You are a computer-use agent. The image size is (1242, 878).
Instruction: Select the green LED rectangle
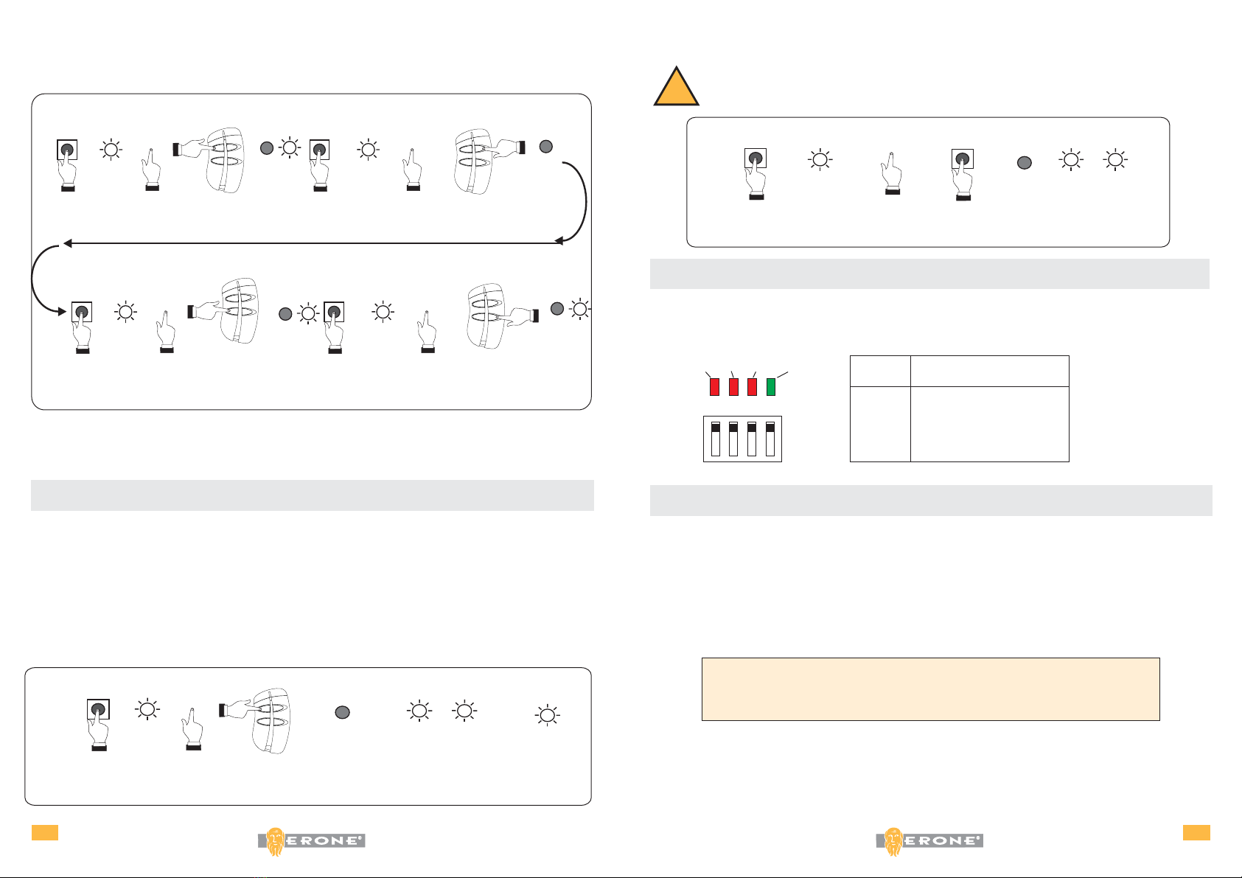coord(771,386)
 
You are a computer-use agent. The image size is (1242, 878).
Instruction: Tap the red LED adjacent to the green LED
coord(752,386)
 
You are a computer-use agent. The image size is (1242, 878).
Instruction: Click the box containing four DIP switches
coord(742,439)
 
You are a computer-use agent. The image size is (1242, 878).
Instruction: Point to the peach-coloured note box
coord(930,689)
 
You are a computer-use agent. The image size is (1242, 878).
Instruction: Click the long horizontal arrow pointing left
coord(310,242)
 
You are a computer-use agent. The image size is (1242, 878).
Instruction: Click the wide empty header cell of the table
coord(989,371)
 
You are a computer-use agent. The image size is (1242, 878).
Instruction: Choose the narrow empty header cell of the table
coord(880,371)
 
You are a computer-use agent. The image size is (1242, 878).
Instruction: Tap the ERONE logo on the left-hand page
coord(311,841)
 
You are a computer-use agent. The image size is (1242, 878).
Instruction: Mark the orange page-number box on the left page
coord(44,832)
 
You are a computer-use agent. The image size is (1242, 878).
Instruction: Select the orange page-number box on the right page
coord(1196,832)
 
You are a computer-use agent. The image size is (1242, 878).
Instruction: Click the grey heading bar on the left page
coord(312,495)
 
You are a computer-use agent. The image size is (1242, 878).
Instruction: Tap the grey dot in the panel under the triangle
coord(1024,163)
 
